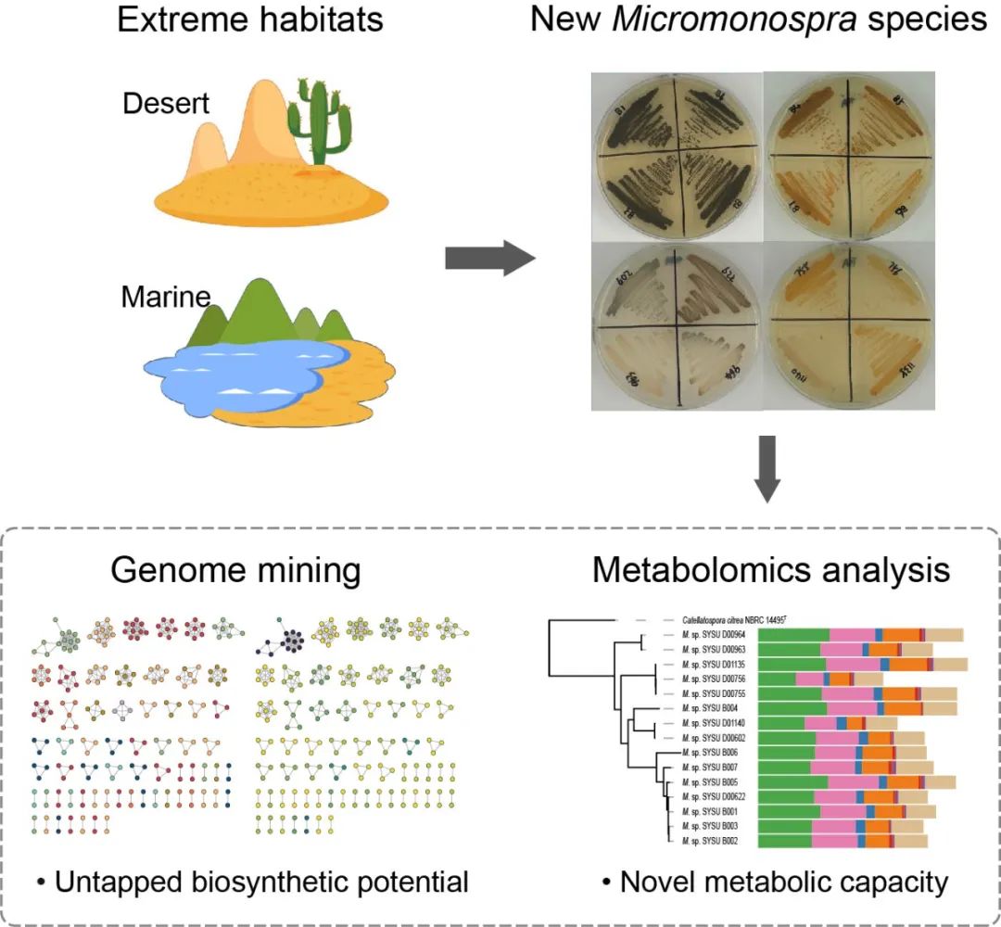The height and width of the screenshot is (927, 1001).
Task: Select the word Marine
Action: point(165,298)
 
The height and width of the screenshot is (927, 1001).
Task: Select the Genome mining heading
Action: point(235,570)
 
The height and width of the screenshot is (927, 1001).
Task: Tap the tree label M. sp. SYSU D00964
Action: point(715,635)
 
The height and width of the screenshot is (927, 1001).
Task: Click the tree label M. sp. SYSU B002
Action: point(709,840)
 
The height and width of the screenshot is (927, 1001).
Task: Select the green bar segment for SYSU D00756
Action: point(777,679)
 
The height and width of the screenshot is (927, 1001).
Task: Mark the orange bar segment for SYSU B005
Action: point(902,781)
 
